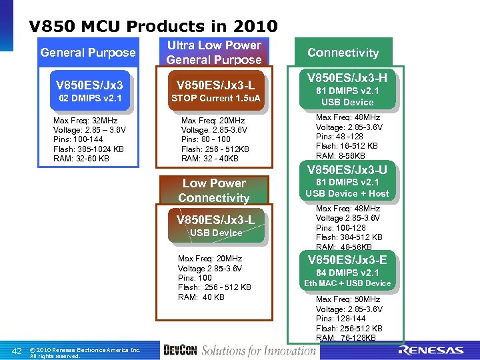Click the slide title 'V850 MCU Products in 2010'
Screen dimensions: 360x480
pyautogui.click(x=153, y=27)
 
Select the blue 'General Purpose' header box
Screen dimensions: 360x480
pyautogui.click(x=87, y=53)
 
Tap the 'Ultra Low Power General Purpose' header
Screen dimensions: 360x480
pyautogui.click(x=214, y=53)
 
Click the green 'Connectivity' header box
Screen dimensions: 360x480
pyautogui.click(x=343, y=53)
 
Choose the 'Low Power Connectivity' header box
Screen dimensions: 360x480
pyautogui.click(x=214, y=191)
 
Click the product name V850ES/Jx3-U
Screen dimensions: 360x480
pyautogui.click(x=347, y=169)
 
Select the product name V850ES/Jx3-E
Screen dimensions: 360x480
pyautogui.click(x=347, y=260)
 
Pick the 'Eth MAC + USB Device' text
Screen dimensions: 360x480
pyautogui.click(x=347, y=283)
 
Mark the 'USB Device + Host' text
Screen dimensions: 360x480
pyautogui.click(x=347, y=193)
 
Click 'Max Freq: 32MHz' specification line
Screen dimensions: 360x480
pyautogui.click(x=85, y=121)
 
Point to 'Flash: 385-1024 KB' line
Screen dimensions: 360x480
pyautogui.click(x=89, y=149)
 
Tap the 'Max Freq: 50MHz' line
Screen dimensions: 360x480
pyautogui.click(x=348, y=300)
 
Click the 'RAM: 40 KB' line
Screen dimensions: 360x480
pyautogui.click(x=201, y=297)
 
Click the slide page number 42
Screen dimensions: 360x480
pyautogui.click(x=18, y=351)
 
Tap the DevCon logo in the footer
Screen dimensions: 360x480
pyautogui.click(x=179, y=351)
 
